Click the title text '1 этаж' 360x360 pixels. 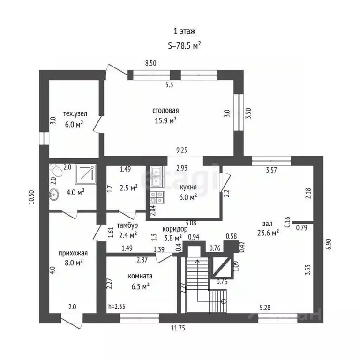pyautogui.click(x=185, y=31)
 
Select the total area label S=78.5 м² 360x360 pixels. pyautogui.click(x=185, y=46)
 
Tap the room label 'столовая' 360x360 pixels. pyautogui.click(x=165, y=111)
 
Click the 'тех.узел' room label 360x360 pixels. pyautogui.click(x=75, y=113)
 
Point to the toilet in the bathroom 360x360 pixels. pyautogui.click(x=56, y=170)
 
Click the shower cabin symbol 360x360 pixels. pyautogui.click(x=86, y=174)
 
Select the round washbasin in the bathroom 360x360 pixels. pyautogui.click(x=54, y=195)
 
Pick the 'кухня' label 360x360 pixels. pyautogui.click(x=188, y=187)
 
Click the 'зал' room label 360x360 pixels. pyautogui.click(x=268, y=224)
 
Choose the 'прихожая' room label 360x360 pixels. pyautogui.click(x=73, y=253)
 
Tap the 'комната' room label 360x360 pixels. pyautogui.click(x=140, y=276)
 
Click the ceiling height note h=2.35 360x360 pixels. pyautogui.click(x=117, y=307)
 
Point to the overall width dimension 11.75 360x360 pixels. pyautogui.click(x=178, y=328)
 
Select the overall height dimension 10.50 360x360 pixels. pyautogui.click(x=32, y=197)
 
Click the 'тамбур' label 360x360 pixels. pyautogui.click(x=127, y=225)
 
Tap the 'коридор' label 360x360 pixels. pyautogui.click(x=175, y=229)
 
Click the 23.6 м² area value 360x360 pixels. pyautogui.click(x=268, y=233)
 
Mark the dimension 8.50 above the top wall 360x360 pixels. pyautogui.click(x=150, y=63)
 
